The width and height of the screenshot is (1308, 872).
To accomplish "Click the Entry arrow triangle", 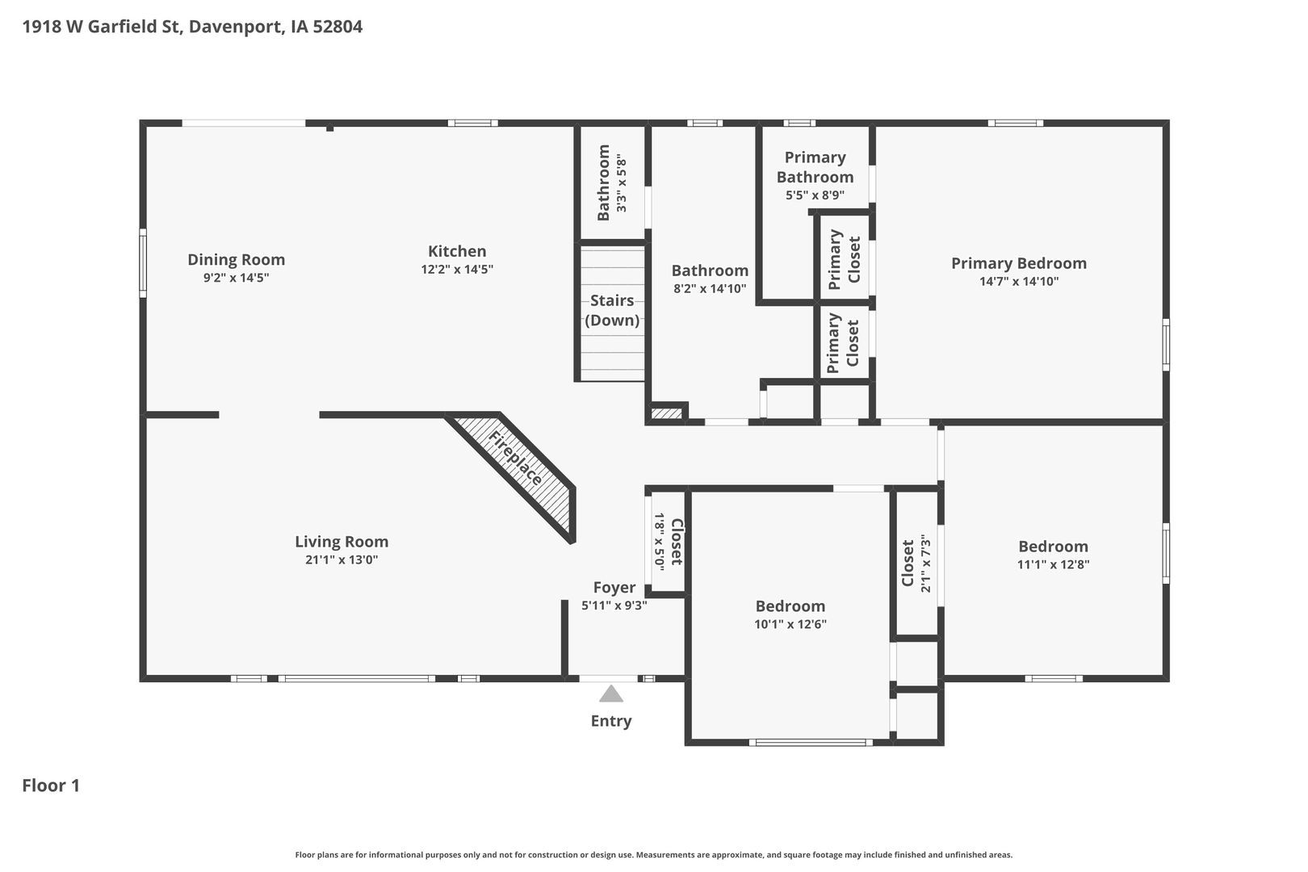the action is [x=610, y=694].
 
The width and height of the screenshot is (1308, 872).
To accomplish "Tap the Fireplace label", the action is [x=516, y=458].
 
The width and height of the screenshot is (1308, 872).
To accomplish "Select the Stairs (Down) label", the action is [x=612, y=310].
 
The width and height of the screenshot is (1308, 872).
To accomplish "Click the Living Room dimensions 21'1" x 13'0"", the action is [x=342, y=560].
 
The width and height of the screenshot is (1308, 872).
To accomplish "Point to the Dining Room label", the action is [x=237, y=259].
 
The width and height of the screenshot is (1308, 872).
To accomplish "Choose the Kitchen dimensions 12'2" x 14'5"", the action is [x=457, y=269].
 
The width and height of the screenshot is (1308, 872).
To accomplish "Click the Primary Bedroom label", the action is [x=1019, y=263].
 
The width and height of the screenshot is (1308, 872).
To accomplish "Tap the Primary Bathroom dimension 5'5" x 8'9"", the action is [x=815, y=195].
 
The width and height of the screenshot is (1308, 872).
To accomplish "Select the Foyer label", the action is [x=614, y=588].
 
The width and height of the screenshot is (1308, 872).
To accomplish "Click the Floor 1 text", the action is [x=51, y=786].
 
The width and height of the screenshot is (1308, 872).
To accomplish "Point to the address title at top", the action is [x=192, y=27].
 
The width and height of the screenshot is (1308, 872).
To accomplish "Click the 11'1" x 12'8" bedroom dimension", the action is [x=1054, y=564].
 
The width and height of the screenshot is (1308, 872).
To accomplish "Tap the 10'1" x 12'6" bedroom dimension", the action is [x=790, y=624].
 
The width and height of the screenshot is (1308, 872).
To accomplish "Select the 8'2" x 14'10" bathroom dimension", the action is [x=710, y=288].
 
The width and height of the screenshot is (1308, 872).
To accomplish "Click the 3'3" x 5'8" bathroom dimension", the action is [x=622, y=182].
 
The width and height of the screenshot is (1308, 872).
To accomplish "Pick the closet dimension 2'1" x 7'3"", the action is [x=925, y=563].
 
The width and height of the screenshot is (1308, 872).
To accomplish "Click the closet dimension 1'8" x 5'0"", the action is [x=660, y=542].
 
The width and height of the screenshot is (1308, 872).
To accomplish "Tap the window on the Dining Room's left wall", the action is [x=142, y=263].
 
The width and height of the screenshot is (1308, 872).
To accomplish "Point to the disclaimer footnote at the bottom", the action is [x=654, y=854].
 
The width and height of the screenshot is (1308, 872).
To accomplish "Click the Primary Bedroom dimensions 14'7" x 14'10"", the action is [x=1019, y=282].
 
